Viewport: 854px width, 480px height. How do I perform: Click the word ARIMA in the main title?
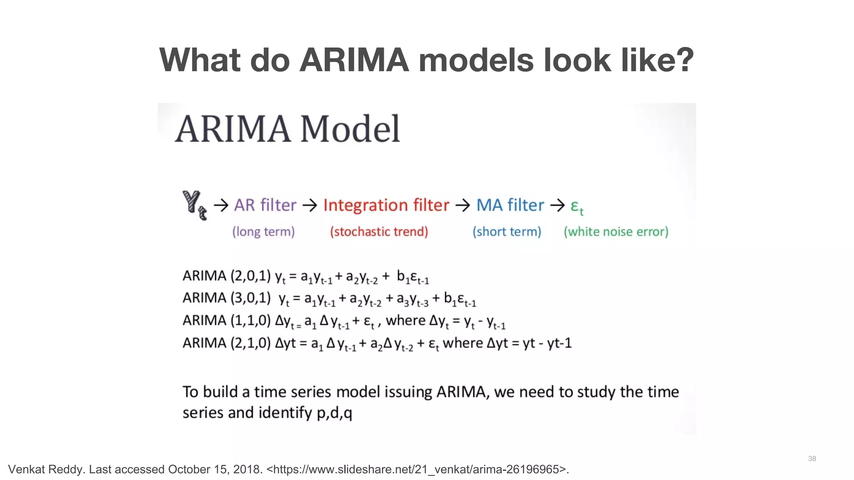[x=354, y=60]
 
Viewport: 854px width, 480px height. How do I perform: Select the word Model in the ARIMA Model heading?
[x=350, y=129]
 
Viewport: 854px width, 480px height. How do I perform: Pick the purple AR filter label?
[x=265, y=205]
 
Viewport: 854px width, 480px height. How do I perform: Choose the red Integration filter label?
[x=386, y=205]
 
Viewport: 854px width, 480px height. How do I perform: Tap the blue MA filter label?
[x=510, y=205]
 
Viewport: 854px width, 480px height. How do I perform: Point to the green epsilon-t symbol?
[x=577, y=206]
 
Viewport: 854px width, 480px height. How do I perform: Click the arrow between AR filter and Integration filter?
[x=310, y=205]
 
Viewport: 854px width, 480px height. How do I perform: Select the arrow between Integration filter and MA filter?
[x=463, y=205]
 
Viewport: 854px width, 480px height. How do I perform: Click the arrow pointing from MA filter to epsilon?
[x=558, y=205]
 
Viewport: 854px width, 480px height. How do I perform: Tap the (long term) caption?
[x=264, y=232]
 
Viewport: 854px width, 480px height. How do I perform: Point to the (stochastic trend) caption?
[x=379, y=232]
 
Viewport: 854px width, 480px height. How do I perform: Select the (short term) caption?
[x=507, y=232]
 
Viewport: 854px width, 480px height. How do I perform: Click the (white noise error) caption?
[x=616, y=232]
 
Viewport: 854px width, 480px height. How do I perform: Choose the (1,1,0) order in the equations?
[x=251, y=320]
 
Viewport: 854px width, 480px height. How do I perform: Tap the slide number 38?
[x=812, y=459]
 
